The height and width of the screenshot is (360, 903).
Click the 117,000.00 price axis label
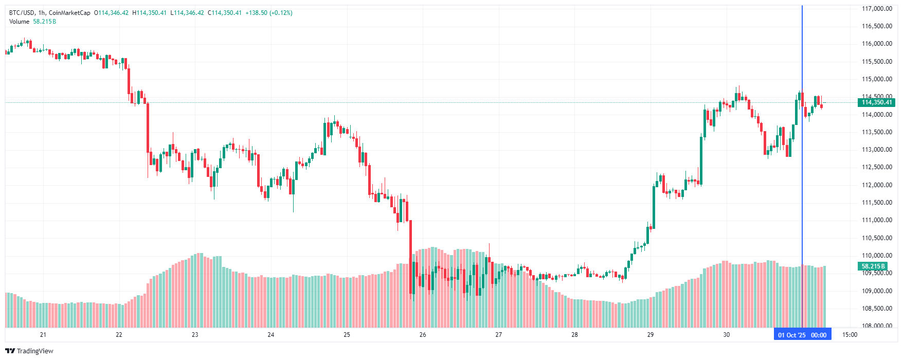(877, 9)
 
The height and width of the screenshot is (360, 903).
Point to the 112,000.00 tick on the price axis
(877, 185)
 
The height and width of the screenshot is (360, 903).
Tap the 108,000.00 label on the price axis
(877, 326)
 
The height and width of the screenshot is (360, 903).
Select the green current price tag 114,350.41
(877, 102)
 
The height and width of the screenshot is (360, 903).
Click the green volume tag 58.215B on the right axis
(873, 266)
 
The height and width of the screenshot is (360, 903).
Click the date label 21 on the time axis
(43, 335)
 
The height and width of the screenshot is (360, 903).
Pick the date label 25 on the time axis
(347, 335)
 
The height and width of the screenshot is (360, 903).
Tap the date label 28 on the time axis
(574, 335)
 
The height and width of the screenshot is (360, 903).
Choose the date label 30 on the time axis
(726, 335)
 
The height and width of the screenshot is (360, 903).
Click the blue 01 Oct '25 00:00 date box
(802, 335)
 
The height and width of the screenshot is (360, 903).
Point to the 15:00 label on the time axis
(850, 335)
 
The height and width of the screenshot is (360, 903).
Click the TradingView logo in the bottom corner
(29, 351)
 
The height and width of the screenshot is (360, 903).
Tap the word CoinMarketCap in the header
(69, 13)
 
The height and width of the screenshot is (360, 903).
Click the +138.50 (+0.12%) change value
(269, 13)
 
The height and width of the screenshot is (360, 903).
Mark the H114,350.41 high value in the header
(149, 13)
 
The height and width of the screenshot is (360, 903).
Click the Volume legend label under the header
(19, 22)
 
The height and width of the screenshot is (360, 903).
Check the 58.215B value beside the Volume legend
(45, 22)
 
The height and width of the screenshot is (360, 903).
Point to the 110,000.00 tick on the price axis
(877, 256)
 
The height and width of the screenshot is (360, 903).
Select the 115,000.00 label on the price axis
(877, 79)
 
